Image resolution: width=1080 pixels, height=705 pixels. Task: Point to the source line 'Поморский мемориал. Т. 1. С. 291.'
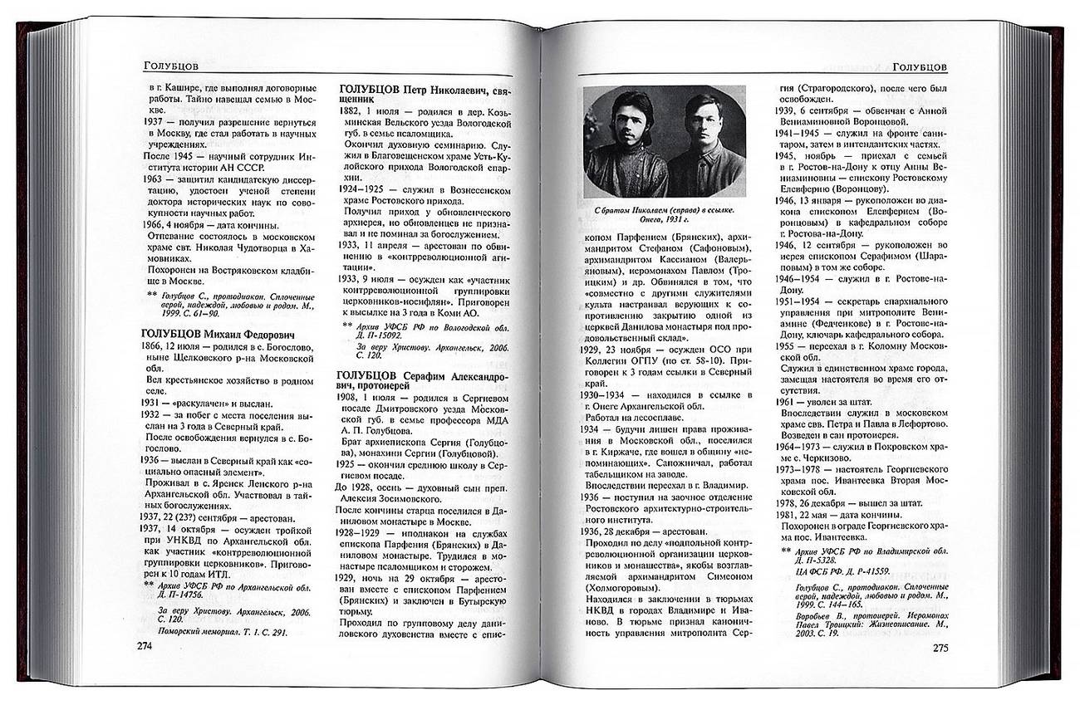pyautogui.click(x=216, y=631)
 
